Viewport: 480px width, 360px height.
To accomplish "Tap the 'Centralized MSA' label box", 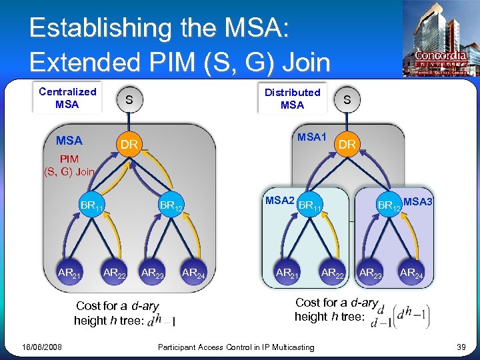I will (x=67, y=98).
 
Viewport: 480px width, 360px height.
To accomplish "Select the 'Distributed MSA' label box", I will (x=292, y=99).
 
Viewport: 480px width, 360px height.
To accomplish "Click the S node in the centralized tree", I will (x=129, y=100).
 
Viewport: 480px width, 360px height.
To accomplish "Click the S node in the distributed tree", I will (x=347, y=100).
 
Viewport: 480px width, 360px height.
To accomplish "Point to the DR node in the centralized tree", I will (x=129, y=145).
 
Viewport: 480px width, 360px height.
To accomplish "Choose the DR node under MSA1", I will (x=347, y=144).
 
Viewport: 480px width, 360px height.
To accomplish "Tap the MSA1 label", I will (x=311, y=137).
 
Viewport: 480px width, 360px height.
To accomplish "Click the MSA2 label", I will (x=280, y=200).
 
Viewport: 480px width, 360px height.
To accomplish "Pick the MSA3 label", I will (x=418, y=201).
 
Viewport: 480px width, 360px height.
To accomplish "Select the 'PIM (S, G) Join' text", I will (x=69, y=165).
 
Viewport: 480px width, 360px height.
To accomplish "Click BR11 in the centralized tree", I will (x=89, y=206).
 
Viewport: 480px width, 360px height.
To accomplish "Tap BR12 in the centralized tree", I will (x=171, y=206).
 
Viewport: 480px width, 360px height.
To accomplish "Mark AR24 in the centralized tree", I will (x=193, y=272).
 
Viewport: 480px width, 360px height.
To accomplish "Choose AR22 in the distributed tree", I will (x=333, y=272).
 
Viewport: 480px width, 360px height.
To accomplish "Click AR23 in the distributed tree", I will (x=371, y=272).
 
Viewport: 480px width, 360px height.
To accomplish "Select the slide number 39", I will (x=460, y=347).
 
